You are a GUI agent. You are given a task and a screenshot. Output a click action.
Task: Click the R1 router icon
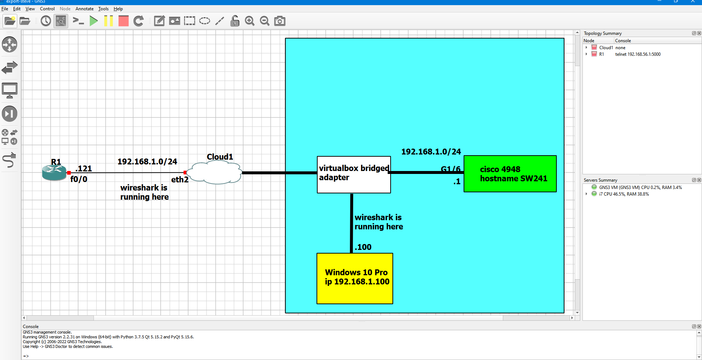coord(54,172)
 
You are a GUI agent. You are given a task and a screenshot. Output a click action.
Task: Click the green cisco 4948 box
coord(510,174)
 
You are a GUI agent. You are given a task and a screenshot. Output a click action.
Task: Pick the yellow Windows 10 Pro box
coord(355,278)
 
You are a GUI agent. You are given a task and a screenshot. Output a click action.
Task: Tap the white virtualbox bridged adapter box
coord(354,175)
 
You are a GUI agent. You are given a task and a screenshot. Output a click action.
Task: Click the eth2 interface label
coord(180,179)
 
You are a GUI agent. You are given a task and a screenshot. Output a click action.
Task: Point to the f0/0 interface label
coord(79,179)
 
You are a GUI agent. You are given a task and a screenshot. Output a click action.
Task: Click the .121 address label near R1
coord(84,168)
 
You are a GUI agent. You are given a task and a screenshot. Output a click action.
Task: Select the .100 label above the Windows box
coord(363,247)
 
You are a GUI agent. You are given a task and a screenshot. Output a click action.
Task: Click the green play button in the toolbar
coord(94,21)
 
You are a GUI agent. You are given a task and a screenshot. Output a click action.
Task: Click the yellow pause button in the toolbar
coord(108,21)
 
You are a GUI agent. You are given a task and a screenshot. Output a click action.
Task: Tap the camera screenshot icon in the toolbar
coord(279,21)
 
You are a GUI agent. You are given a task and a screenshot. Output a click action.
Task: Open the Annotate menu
coord(84,9)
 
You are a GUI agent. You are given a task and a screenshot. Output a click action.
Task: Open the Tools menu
coord(103,9)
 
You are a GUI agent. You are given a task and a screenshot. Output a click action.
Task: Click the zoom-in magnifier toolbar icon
coord(250,21)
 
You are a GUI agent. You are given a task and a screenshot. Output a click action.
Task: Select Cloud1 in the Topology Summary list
coord(606,48)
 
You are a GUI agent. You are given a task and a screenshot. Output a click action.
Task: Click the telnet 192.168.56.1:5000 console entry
coord(638,54)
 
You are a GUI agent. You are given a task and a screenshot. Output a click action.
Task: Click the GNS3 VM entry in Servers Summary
coord(640,188)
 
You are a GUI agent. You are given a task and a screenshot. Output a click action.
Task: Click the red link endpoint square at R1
coord(69,172)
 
